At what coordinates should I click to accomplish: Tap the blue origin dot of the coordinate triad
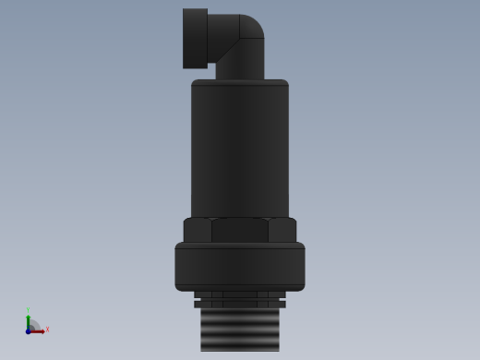pyautogui.click(x=28, y=330)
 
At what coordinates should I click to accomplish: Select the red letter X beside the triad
pyautogui.click(x=47, y=330)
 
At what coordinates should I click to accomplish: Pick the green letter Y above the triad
pyautogui.click(x=28, y=310)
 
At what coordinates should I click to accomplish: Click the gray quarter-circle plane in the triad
pyautogui.click(x=33, y=326)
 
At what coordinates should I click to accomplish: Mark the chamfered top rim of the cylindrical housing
pyautogui.click(x=240, y=83)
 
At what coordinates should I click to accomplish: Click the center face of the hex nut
pyautogui.click(x=240, y=230)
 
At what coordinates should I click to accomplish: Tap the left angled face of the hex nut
pyautogui.click(x=197, y=230)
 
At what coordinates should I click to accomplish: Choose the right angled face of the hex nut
pyautogui.click(x=282, y=230)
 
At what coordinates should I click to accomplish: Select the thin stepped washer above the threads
pyautogui.click(x=240, y=300)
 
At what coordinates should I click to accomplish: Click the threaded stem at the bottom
pyautogui.click(x=240, y=328)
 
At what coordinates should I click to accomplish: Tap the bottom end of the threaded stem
pyautogui.click(x=240, y=348)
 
